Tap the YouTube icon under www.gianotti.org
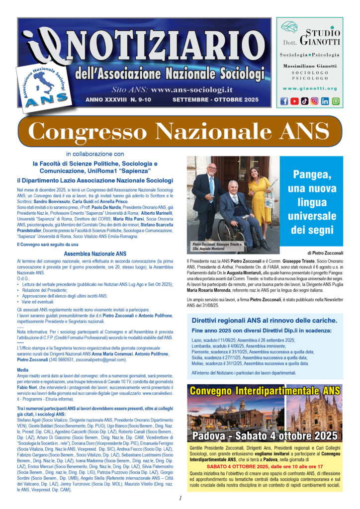coord(295,101)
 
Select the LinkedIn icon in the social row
coord(325,101)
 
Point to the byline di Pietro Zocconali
coord(321,253)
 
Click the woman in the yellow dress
coord(261,199)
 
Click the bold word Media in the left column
coord(22,370)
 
